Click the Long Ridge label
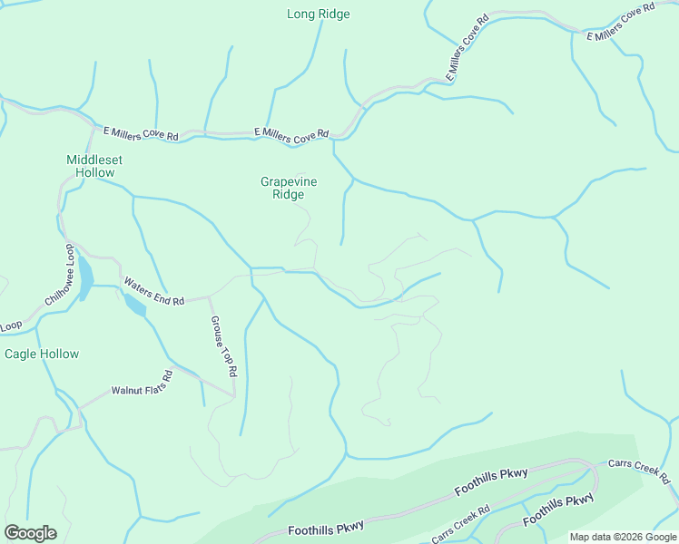[318, 15]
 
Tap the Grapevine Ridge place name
[289, 188]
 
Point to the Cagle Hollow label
[42, 354]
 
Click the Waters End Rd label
[154, 289]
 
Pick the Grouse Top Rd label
[223, 346]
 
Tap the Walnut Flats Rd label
[142, 384]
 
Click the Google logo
[31, 533]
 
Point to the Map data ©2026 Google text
[622, 537]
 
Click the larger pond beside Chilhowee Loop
[84, 277]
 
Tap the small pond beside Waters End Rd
[134, 306]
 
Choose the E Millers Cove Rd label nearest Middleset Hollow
[140, 133]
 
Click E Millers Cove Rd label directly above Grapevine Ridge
[290, 135]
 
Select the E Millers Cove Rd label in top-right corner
[621, 22]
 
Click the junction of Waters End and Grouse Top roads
[211, 296]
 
